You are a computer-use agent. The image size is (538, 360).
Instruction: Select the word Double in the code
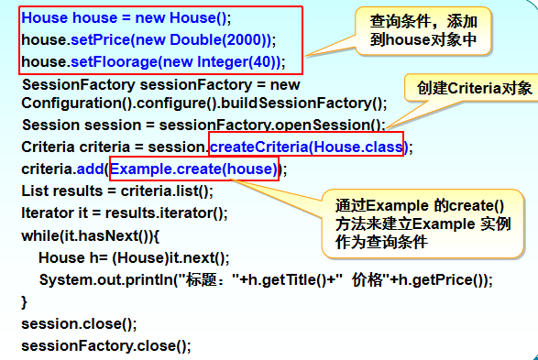pyautogui.click(x=195, y=39)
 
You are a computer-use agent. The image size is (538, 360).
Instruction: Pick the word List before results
pyautogui.click(x=33, y=191)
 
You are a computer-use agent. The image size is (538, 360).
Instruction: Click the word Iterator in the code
pyautogui.click(x=45, y=213)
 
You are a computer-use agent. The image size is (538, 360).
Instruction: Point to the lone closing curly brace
pyautogui.click(x=24, y=302)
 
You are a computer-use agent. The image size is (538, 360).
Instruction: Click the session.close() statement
pyautogui.click(x=79, y=323)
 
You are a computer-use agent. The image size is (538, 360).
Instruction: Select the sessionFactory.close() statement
pyautogui.click(x=106, y=345)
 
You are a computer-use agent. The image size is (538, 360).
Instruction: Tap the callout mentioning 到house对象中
pyautogui.click(x=423, y=31)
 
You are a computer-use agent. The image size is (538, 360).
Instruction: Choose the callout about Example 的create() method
pyautogui.click(x=423, y=224)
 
